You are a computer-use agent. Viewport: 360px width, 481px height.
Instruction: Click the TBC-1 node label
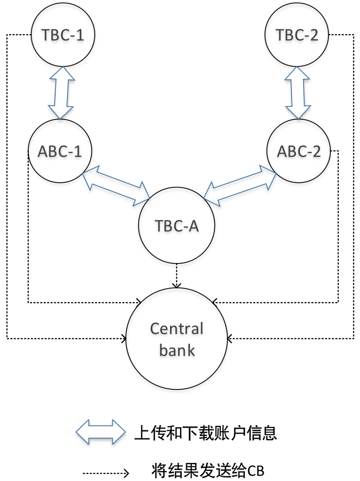pyautogui.click(x=63, y=35)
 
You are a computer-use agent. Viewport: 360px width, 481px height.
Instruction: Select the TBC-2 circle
pyautogui.click(x=297, y=35)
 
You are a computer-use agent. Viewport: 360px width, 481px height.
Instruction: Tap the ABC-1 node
pyautogui.click(x=60, y=151)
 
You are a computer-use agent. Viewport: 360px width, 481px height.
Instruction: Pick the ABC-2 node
pyautogui.click(x=299, y=151)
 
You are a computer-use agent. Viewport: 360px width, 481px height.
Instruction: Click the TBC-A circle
pyautogui.click(x=177, y=226)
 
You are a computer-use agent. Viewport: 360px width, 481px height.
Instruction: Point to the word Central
pyautogui.click(x=177, y=329)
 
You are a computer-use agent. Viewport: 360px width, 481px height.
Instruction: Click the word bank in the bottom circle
pyautogui.click(x=177, y=350)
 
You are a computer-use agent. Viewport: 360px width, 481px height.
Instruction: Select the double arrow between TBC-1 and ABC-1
pyautogui.click(x=61, y=93)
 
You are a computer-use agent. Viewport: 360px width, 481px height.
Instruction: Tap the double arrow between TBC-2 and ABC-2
pyautogui.click(x=297, y=93)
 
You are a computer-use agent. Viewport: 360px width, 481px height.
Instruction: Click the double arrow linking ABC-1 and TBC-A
pyautogui.click(x=116, y=186)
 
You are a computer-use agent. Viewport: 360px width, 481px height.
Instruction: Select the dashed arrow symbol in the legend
pyautogui.click(x=106, y=473)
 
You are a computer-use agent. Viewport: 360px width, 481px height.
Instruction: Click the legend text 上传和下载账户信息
pyautogui.click(x=206, y=433)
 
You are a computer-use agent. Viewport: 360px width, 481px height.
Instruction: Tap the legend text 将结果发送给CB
pyautogui.click(x=208, y=471)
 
